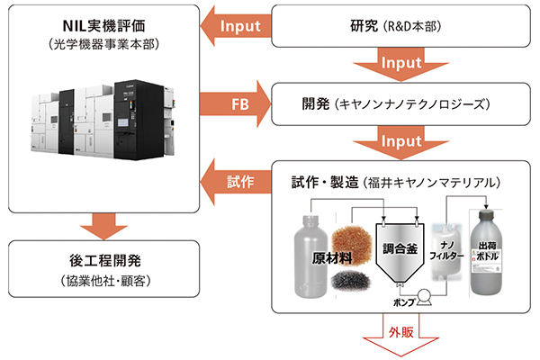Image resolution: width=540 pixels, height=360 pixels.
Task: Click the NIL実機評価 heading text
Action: coord(111,23)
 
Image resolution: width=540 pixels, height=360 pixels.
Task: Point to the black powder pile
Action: coord(349,282)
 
